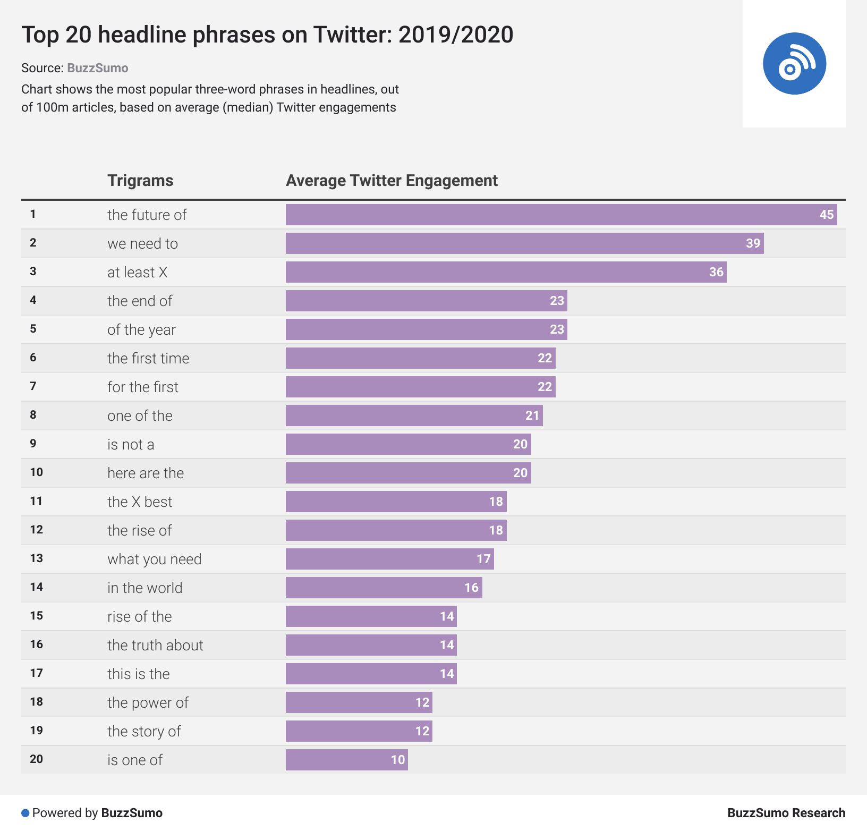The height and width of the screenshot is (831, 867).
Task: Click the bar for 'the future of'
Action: coord(561,215)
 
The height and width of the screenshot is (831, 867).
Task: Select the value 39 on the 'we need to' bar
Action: coord(753,243)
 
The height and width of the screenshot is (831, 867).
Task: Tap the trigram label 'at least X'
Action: coord(137,273)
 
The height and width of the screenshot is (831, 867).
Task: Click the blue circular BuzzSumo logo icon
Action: coord(794,64)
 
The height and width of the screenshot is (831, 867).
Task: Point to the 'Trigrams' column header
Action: coord(140,181)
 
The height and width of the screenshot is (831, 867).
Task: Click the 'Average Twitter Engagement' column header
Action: coord(392,181)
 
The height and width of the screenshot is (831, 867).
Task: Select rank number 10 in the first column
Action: coord(36,472)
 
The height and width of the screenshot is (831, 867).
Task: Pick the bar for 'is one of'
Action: coord(346,760)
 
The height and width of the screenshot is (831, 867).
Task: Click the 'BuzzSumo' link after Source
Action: coord(98,68)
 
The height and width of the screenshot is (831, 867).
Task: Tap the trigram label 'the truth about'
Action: coord(155,646)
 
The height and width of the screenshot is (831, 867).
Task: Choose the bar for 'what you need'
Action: coord(389,559)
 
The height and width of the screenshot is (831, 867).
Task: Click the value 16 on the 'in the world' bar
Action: coord(471,588)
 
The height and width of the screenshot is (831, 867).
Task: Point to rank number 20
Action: coord(36,759)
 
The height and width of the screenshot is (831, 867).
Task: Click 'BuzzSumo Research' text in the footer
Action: coord(786,813)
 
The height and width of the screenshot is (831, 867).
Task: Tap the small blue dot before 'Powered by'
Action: coord(25,813)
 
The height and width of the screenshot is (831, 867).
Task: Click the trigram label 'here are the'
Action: coord(146,473)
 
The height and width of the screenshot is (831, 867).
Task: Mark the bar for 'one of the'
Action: coord(414,415)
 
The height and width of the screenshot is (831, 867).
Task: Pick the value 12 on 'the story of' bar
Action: coord(422,731)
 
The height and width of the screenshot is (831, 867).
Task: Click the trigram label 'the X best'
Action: coord(140,502)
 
